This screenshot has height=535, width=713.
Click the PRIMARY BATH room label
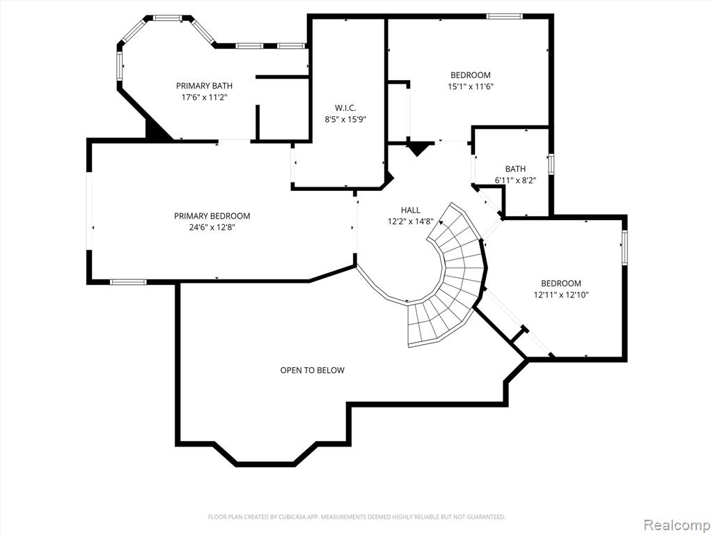coord(204,86)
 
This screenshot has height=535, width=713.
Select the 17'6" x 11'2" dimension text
coord(204,97)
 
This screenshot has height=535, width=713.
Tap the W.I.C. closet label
coord(345,108)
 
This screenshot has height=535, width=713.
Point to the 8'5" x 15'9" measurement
coord(345,120)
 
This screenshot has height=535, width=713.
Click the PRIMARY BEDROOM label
coord(212,216)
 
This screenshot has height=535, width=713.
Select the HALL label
coord(411,210)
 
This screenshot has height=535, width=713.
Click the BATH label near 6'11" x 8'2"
coord(515,169)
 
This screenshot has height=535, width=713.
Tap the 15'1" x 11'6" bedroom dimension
coord(471,86)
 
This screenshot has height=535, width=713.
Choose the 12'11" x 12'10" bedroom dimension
coord(561,295)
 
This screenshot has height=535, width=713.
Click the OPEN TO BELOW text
coord(313,371)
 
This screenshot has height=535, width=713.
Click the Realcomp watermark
coord(677,525)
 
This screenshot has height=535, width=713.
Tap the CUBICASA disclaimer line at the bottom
coord(356,517)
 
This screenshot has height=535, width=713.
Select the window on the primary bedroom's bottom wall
coord(128,282)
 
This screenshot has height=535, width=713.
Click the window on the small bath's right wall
coord(551,164)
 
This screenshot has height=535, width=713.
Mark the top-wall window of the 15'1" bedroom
coord(504,17)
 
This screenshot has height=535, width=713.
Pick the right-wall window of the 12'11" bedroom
coord(625,247)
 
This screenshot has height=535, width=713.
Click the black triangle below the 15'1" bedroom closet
coord(418,149)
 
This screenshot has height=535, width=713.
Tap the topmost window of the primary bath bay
coord(167,18)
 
